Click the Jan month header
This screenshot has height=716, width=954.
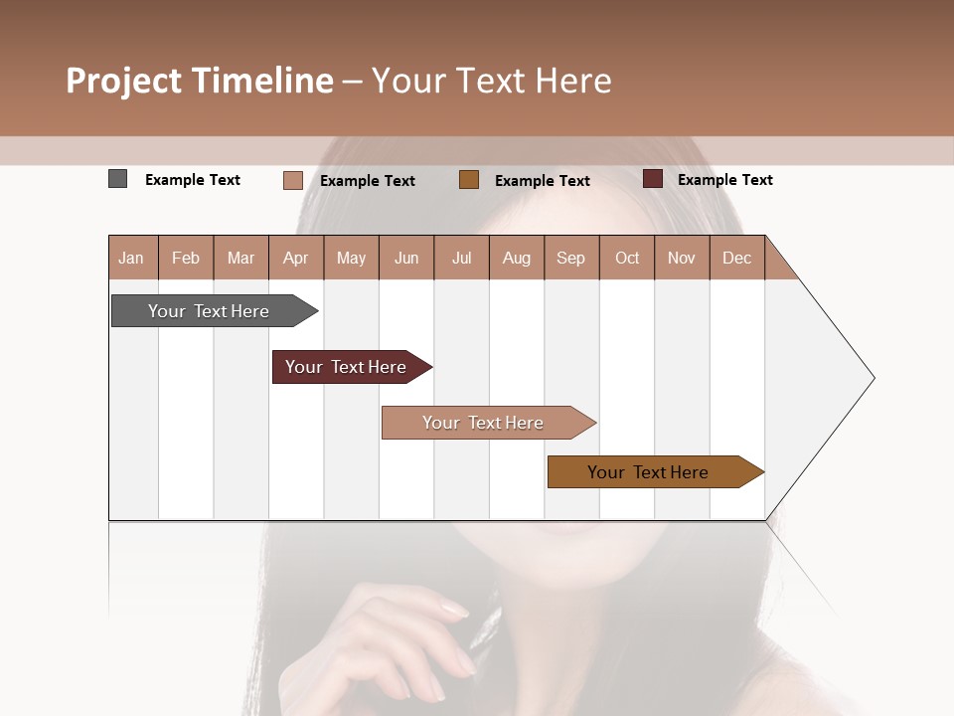(x=132, y=258)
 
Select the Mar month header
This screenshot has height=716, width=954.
(x=240, y=258)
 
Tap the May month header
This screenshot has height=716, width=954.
(x=351, y=258)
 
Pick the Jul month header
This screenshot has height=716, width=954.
(x=461, y=258)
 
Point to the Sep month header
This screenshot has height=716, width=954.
(x=570, y=258)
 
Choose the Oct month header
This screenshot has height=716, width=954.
(x=627, y=258)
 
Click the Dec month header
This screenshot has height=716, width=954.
(x=736, y=258)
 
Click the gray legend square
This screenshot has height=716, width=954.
(x=118, y=179)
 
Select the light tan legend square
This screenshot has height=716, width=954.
(x=293, y=180)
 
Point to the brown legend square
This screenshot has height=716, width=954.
(x=469, y=180)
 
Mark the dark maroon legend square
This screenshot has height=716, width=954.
(x=653, y=179)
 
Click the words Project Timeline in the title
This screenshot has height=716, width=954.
(x=199, y=81)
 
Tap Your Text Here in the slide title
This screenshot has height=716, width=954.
(x=491, y=81)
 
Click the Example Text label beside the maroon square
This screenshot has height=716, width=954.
(x=724, y=180)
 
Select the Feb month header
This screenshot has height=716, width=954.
(x=186, y=258)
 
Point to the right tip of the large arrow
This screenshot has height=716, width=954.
(x=872, y=378)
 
